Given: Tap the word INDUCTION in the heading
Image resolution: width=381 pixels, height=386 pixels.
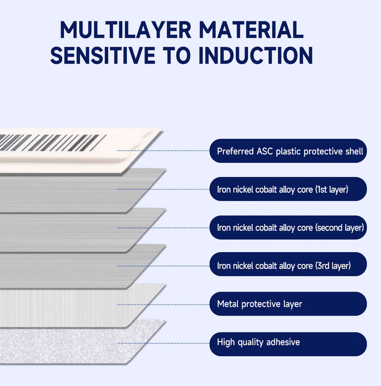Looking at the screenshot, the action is (256, 55).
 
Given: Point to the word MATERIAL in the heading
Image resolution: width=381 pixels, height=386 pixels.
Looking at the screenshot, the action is (251, 30).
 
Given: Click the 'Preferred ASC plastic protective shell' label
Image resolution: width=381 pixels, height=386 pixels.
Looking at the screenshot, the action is (288, 151).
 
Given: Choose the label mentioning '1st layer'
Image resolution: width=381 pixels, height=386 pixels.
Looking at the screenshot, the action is (288, 189).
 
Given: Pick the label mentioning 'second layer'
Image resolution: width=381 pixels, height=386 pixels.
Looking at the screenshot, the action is (288, 228).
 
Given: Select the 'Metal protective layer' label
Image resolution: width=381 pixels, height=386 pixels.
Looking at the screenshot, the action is (288, 304).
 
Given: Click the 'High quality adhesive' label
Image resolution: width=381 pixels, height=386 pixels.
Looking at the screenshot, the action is (288, 344).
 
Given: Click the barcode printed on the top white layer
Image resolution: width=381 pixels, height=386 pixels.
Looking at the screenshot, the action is (53, 142).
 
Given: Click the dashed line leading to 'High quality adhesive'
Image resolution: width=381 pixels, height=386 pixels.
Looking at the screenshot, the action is (163, 343).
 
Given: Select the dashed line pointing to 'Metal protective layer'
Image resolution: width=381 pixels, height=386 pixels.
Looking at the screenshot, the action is (163, 304).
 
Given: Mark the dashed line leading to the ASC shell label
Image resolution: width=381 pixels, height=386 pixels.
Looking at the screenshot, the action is (163, 150).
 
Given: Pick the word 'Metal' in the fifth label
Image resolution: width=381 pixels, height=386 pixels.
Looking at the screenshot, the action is (228, 304).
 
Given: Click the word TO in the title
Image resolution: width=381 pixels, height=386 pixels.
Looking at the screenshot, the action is (177, 55).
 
